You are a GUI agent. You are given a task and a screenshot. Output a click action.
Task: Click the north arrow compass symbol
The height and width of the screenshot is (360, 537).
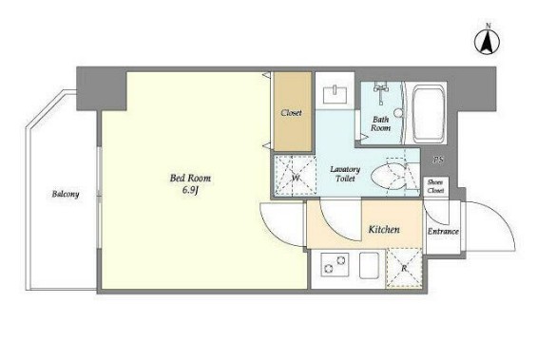[487, 41]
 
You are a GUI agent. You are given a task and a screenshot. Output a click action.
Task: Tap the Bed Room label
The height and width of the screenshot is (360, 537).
[190, 178]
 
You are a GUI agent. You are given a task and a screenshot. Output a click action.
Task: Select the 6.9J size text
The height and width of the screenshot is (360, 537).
[190, 191]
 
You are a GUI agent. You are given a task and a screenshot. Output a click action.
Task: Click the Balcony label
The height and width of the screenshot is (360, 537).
[66, 194]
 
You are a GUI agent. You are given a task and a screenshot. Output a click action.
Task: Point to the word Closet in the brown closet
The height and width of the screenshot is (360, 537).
[291, 113]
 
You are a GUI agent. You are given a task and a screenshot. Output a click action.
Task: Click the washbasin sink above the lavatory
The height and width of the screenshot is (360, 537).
[335, 95]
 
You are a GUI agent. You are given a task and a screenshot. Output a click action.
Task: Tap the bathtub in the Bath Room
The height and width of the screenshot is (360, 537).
[429, 114]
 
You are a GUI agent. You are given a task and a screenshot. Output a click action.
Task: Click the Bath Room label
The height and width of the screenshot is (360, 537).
[381, 123]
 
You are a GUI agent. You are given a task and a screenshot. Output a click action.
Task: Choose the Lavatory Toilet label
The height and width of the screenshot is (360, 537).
[345, 174]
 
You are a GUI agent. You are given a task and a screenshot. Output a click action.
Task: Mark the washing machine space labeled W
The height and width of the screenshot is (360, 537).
[296, 175]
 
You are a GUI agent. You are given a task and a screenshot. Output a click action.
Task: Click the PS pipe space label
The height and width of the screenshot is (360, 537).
[438, 160]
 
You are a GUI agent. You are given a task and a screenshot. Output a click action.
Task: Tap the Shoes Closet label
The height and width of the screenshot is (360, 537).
[435, 186]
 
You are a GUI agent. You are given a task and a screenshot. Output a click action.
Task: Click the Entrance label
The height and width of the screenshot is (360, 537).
[443, 232]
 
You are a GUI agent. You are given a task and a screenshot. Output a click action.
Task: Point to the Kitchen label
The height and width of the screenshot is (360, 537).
[384, 229]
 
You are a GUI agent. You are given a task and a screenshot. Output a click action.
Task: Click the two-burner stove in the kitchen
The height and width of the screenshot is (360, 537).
[335, 265]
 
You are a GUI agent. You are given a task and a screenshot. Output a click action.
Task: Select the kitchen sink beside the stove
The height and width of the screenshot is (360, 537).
[369, 265]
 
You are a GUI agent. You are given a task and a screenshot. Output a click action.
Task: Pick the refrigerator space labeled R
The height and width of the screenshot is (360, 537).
[404, 268]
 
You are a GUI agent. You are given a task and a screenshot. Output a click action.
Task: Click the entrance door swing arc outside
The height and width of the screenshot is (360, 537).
[503, 217]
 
